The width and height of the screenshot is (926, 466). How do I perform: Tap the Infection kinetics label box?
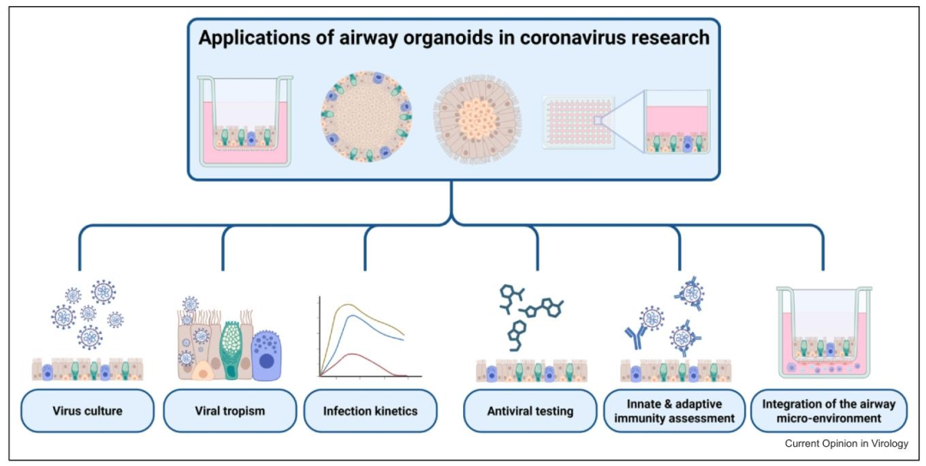click(x=370, y=411)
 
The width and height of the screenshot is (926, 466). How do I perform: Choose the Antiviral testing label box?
click(x=530, y=411)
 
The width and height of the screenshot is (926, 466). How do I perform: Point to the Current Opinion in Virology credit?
click(x=845, y=444)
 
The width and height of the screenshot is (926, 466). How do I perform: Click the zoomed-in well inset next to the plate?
click(x=676, y=122)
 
